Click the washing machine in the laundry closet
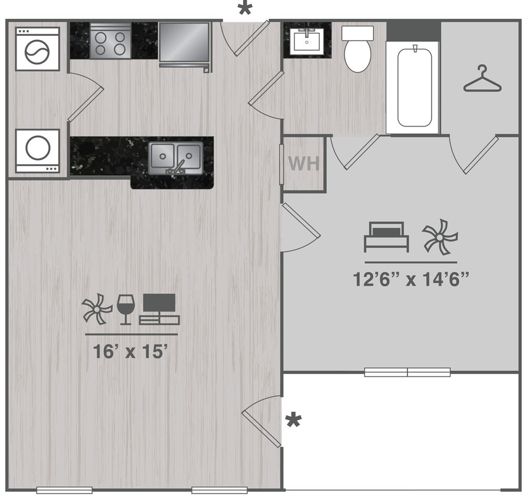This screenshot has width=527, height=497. pos(38,48)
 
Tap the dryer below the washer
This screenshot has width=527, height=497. pos(38,151)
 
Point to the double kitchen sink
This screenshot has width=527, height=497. pos(175,157)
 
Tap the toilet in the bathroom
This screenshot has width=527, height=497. pos(356,48)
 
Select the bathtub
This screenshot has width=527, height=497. pos(415,87)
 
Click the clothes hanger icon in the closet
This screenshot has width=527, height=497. pos(482,79)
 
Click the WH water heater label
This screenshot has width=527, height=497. pos(303,163)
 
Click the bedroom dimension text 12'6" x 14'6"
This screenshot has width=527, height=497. pos(410,279)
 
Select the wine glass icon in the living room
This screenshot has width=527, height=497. pos(125,309)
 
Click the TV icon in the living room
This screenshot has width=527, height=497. pos(160,309)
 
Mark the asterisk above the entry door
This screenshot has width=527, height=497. pos(244,9)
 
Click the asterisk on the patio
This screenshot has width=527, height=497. pos(293,420)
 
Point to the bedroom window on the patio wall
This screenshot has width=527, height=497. pos(407,372)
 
